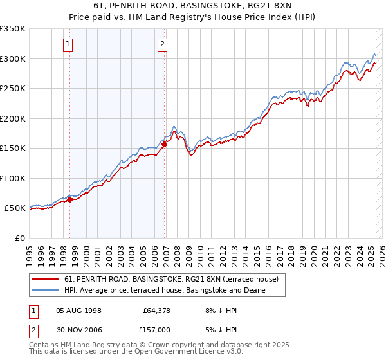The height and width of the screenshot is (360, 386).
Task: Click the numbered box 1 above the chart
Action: coord(68,44)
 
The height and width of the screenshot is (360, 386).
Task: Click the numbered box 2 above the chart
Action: coord(162,44)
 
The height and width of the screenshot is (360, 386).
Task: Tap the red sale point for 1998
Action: coord(69,199)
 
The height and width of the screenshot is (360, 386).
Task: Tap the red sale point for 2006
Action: coord(164,144)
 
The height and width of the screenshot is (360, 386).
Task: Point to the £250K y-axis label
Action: coord(13,89)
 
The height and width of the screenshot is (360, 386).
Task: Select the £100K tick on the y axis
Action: coord(13,178)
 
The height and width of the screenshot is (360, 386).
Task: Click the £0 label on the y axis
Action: coord(19,238)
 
